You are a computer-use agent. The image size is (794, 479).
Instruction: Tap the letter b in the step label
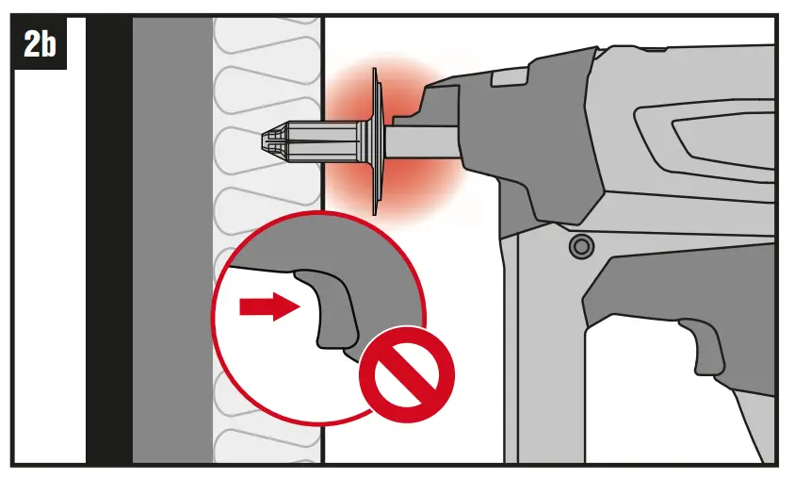46,44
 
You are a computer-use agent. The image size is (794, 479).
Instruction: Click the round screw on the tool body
580,247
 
